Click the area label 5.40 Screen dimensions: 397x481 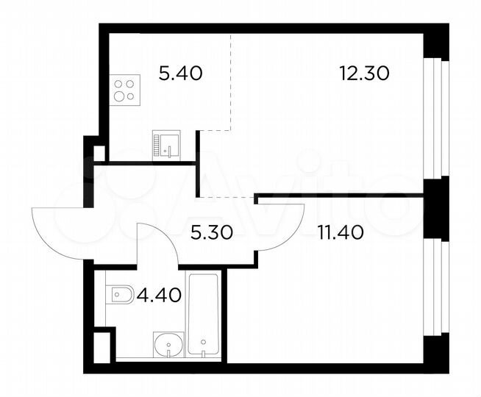point(180,73)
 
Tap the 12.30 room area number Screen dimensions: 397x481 point(363,73)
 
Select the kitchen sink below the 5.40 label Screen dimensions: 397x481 point(166,146)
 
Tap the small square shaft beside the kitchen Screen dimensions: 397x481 point(99,153)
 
